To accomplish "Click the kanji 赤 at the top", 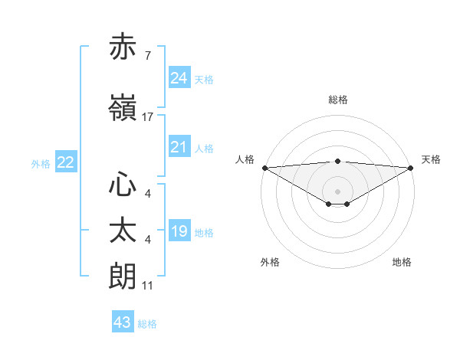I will point(123,47).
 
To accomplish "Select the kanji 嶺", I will point(123,108).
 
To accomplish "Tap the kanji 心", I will point(123,184).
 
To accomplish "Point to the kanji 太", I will point(123,231).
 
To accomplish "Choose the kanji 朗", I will point(123,276).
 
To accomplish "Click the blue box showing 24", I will point(179,78).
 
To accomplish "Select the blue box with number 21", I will point(179,147).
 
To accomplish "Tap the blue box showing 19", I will point(179,231).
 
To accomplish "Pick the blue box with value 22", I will point(65,162).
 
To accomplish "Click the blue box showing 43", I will point(122,322).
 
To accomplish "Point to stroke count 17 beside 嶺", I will point(147,117).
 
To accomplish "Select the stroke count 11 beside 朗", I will point(147,286).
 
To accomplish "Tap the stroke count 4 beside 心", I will point(147,194).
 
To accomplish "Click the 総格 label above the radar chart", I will point(337,100).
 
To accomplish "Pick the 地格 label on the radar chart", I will point(402,262).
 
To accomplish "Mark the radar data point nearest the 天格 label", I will point(411,167).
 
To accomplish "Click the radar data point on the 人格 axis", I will point(264,167).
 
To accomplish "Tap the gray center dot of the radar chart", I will point(337,191).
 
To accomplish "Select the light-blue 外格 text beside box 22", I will point(41,163).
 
